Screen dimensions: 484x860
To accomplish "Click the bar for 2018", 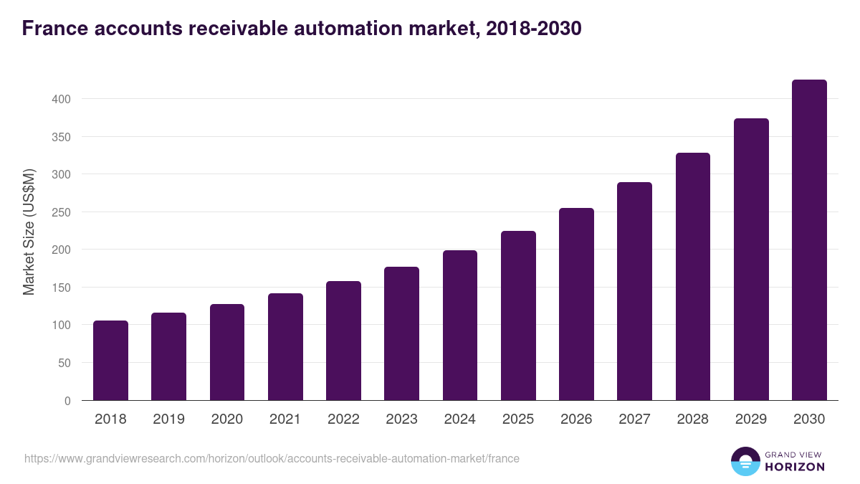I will [x=110, y=361].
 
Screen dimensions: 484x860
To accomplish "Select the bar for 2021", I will [x=285, y=347].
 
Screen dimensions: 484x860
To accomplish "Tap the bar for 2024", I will [x=460, y=326].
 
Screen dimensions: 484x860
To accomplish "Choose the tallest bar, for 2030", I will [x=809, y=240].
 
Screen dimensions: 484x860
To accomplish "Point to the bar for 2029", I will [x=751, y=260].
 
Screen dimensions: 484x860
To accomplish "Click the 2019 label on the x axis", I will [x=168, y=419].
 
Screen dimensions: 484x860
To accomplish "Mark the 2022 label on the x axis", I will [x=343, y=419].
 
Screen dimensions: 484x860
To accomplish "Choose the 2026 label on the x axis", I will [x=576, y=419].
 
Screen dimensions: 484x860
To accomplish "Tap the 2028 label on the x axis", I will [x=693, y=419].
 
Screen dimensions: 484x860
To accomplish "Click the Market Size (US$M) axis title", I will [x=29, y=232].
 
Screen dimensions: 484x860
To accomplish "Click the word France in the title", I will [x=52, y=29].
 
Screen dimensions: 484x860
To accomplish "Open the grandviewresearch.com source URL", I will [x=272, y=458].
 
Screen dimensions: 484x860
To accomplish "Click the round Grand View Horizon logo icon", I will [x=745, y=461].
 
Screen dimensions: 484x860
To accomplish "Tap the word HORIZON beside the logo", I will [x=795, y=467].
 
